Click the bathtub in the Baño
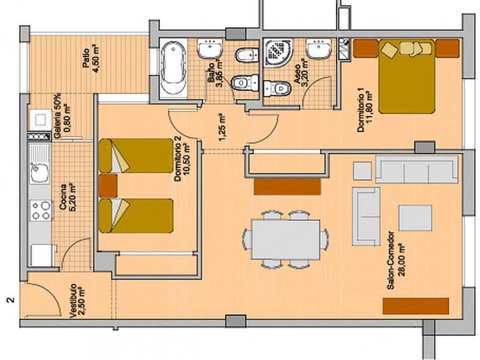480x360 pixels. click(173, 68)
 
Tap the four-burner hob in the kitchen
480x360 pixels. click(41, 210)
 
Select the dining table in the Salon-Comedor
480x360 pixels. click(286, 239)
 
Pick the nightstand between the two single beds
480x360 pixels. click(108, 186)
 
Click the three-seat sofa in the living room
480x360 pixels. click(416, 169)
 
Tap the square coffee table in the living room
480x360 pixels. click(415, 218)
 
